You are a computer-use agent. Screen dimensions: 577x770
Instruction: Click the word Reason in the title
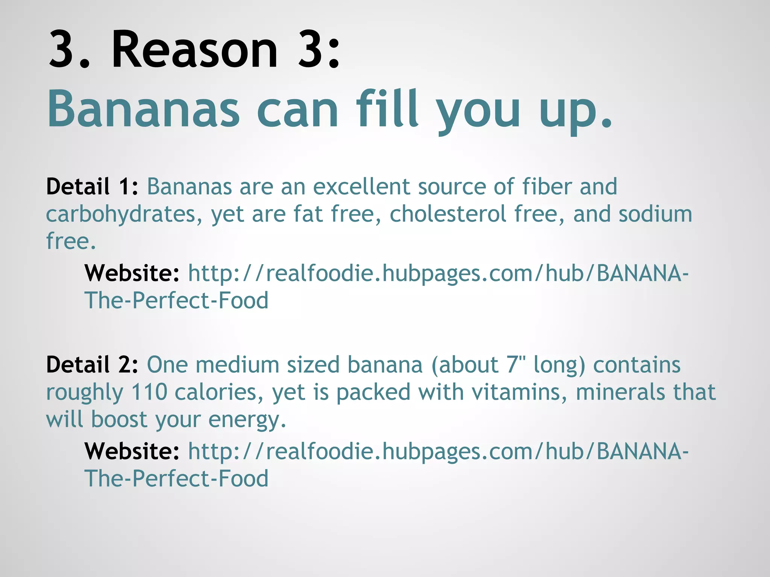pos(194,50)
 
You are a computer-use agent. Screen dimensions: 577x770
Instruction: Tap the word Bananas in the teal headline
pos(143,109)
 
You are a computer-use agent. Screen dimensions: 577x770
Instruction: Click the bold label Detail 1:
pos(92,187)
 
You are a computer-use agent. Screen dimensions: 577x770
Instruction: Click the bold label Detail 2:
pos(92,365)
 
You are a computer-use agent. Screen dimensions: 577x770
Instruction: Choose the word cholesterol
pos(448,214)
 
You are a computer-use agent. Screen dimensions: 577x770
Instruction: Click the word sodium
pos(655,214)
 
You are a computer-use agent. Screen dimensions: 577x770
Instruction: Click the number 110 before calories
pos(149,392)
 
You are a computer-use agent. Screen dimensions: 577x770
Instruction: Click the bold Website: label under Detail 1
pos(132,273)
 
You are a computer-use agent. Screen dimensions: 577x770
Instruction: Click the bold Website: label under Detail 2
pos(132,451)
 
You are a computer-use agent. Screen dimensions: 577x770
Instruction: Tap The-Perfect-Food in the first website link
pos(176,301)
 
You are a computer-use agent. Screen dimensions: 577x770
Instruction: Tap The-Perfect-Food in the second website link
pos(176,479)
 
